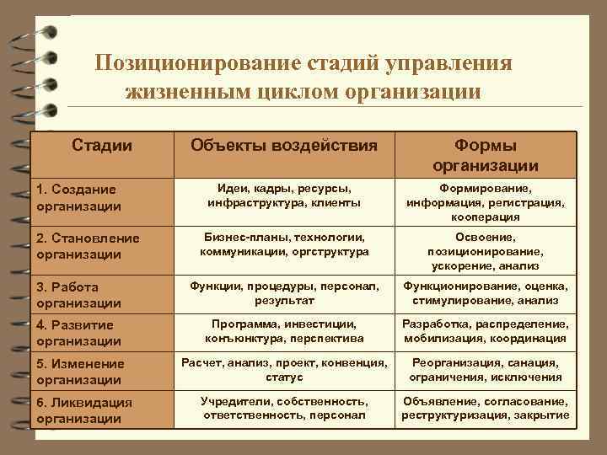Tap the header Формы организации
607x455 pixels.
485,155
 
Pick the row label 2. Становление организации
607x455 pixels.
88,246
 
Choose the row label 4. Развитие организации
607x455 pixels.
79,332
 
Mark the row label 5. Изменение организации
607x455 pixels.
80,371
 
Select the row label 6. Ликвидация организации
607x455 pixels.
84,410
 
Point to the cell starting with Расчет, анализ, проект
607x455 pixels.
284,370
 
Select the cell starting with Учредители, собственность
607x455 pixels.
284,409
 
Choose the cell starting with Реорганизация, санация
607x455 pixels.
485,370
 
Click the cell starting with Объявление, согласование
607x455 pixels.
485,409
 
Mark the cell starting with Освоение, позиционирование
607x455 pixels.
485,251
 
